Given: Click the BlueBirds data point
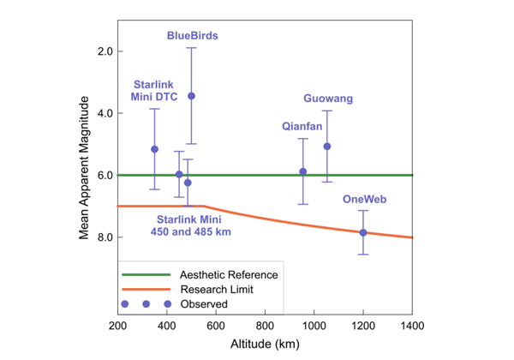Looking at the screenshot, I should tap(191, 96).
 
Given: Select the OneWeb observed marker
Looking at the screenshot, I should tap(363, 232).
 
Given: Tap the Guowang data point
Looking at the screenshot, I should tap(326, 147).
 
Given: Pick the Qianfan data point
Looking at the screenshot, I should tap(302, 171).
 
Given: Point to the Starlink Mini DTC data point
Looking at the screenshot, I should tap(154, 149).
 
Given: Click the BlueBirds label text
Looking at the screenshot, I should tap(192, 36).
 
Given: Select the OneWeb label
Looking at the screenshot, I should tap(365, 199).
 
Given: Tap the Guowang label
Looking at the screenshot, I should tap(328, 99).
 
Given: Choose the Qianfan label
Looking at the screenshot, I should tap(302, 126).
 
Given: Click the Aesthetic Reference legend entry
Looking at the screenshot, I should tap(229, 274).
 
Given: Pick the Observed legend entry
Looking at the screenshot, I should tap(203, 303).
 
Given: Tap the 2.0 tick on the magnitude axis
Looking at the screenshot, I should tap(105, 51).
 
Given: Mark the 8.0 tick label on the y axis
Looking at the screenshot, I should tap(105, 237).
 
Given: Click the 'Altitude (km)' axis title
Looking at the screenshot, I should tap(265, 345).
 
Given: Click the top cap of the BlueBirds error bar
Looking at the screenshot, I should tap(191, 48).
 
